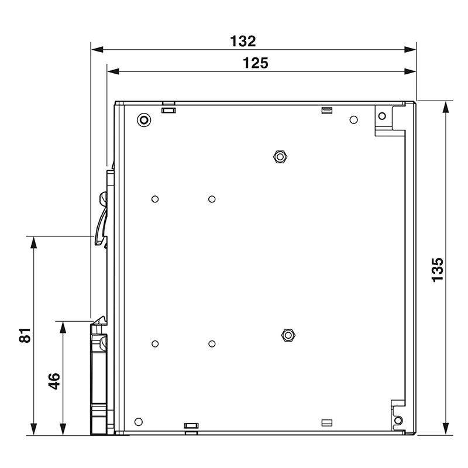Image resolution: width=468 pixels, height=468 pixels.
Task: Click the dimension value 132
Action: pos(243,42)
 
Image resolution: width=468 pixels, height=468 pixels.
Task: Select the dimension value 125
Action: pos(257,63)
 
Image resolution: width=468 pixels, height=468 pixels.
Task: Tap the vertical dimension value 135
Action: pos(437,270)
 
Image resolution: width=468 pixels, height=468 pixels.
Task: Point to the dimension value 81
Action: pos(24,336)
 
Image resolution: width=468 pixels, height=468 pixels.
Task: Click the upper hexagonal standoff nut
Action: pos(280,156)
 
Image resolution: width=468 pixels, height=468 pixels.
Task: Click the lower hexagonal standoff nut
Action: pos(287,335)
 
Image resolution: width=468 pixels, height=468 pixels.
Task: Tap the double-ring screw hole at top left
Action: pos(143,121)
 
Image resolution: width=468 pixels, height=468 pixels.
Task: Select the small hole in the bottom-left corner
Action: pos(139,422)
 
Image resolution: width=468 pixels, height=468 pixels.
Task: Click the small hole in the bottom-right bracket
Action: pos(398,421)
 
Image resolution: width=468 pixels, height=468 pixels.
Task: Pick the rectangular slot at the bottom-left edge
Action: pos(191,426)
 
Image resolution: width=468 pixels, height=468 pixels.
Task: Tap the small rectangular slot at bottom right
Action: pos(327,422)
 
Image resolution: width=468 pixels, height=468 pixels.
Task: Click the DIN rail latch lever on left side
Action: pos(101,219)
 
